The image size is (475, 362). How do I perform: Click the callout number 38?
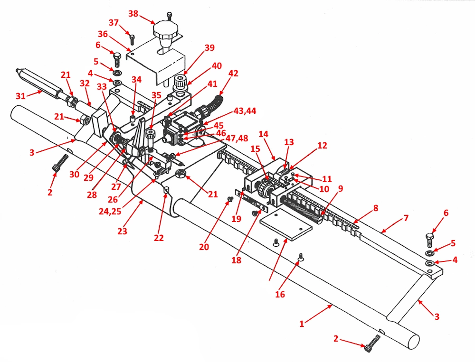tap(133, 14)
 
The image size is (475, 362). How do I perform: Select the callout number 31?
tap(20, 95)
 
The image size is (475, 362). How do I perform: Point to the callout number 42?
tap(233, 74)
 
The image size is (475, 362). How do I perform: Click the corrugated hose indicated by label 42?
tap(213, 105)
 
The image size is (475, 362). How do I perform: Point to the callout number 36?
tap(103, 34)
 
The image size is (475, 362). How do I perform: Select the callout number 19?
tap(237, 218)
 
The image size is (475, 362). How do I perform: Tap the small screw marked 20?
tap(230, 200)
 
